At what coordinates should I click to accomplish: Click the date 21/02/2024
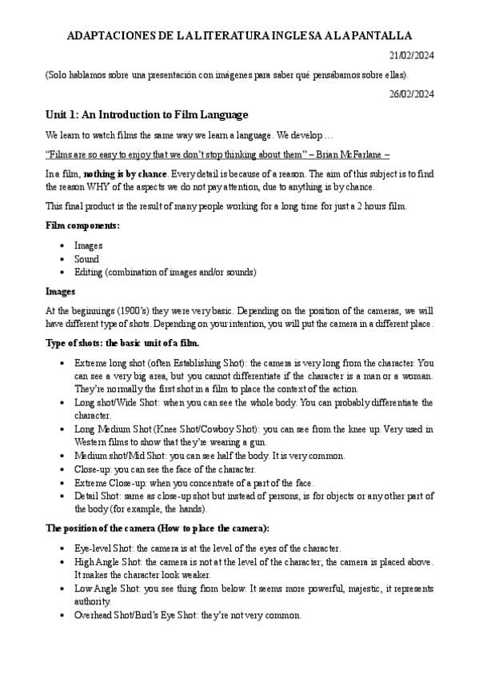tap(411, 55)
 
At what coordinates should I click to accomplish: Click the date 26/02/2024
tap(411, 94)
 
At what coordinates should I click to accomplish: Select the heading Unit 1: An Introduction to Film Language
tap(147, 114)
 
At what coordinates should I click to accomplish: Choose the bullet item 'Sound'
tap(86, 259)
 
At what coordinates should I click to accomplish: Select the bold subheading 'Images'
tap(60, 292)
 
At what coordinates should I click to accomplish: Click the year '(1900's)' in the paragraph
tap(132, 311)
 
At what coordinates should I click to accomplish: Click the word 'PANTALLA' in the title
tap(378, 36)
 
